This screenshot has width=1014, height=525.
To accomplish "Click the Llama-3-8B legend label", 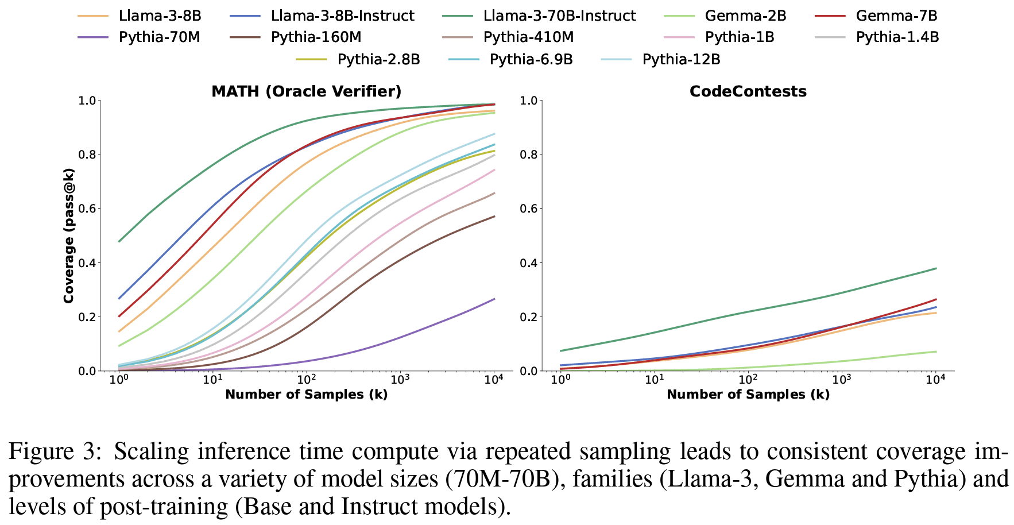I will [160, 16].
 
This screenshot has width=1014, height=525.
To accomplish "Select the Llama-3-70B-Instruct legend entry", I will [559, 16].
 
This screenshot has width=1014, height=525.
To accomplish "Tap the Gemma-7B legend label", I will [896, 16].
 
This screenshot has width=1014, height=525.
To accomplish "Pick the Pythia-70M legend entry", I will [159, 37].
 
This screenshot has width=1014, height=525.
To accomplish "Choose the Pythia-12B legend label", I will [681, 59].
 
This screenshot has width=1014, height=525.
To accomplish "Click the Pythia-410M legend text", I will [528, 37].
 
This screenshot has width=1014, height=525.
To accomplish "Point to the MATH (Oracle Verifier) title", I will [306, 91].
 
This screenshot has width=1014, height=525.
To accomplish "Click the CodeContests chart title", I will [748, 91].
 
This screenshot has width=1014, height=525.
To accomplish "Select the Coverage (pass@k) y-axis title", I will [69, 236].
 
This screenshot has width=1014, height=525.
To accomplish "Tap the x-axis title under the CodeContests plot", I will [748, 395].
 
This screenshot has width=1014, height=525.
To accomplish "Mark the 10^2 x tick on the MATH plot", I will [306, 380].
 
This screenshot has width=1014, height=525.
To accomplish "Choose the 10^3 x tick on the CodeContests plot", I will [841, 380].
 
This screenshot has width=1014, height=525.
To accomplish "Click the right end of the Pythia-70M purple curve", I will [494, 299].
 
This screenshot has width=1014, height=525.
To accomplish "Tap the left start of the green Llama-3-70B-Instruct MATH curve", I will [119, 241].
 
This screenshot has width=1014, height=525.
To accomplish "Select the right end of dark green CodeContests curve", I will [936, 268].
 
